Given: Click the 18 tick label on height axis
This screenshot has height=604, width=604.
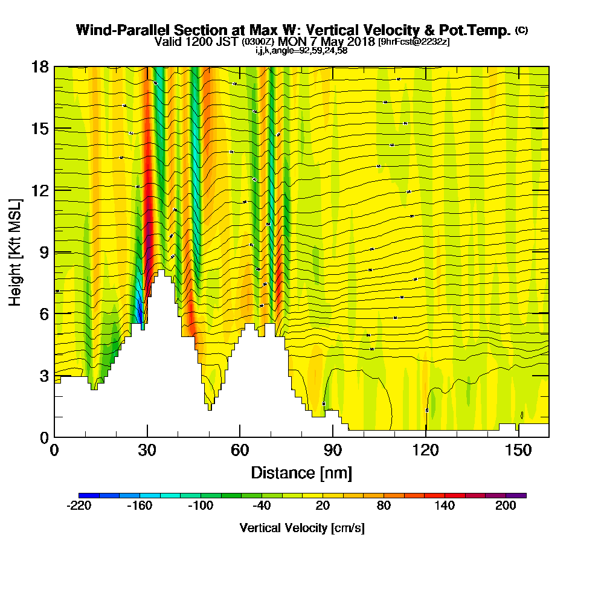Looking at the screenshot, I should click(40, 66).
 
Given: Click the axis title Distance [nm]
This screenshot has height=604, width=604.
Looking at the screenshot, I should click(301, 472).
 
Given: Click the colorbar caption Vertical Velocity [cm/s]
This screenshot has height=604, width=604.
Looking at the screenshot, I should click(302, 528).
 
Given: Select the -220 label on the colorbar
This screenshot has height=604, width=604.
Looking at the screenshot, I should click(79, 506).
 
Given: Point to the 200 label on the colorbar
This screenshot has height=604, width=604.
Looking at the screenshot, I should click(506, 506).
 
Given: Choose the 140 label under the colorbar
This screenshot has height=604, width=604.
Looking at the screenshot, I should click(445, 506).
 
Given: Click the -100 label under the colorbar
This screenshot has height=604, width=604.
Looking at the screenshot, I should click(201, 506).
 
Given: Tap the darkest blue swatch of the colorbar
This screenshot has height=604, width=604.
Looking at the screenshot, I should click(84, 495).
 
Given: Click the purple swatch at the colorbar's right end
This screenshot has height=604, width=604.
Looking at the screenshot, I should click(521, 495).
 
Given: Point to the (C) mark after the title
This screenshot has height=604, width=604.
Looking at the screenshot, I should click(521, 30).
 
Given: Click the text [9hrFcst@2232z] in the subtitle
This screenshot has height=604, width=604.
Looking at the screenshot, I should click(414, 42).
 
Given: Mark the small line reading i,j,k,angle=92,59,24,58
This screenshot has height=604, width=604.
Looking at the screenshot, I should click(301, 51).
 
